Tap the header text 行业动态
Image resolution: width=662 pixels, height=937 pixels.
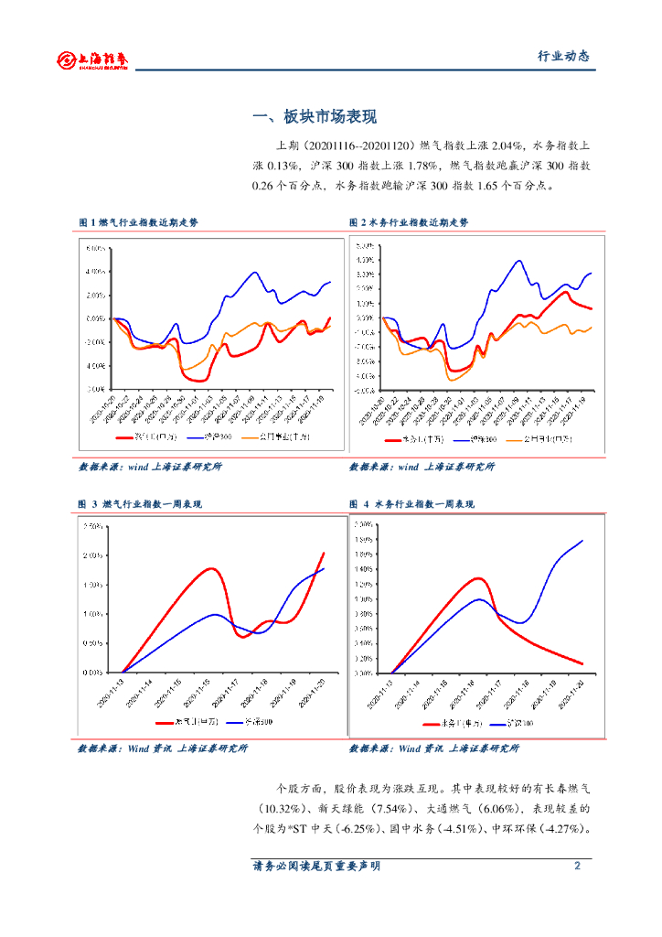(x=562, y=57)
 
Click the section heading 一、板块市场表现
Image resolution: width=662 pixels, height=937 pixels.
(x=315, y=117)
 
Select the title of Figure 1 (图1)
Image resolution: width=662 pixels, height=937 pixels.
(x=138, y=222)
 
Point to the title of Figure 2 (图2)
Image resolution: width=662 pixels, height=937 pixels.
(x=408, y=222)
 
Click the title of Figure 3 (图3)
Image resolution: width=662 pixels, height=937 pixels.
(x=140, y=504)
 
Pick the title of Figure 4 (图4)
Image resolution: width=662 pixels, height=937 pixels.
(x=411, y=504)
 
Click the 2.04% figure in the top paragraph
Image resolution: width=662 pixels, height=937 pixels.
(x=504, y=145)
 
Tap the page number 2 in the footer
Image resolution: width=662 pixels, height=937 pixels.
(x=577, y=866)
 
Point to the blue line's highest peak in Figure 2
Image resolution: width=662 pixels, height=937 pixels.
(x=519, y=260)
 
